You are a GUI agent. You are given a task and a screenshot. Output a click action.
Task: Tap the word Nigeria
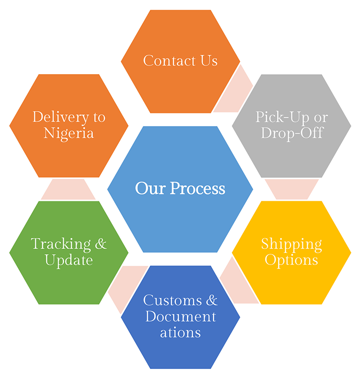pos(69,133)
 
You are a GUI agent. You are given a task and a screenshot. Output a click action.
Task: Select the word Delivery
pos(55,117)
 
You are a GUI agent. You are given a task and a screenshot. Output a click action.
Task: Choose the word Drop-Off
pos(291,133)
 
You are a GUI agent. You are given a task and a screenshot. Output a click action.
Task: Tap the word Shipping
pos(291,244)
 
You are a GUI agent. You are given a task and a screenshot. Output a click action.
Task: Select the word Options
pos(291,260)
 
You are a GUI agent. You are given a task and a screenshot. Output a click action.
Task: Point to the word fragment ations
pos(180,332)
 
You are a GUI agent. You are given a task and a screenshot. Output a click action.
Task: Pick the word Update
pos(69,260)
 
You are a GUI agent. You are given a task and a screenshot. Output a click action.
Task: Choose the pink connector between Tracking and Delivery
pos(69,189)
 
